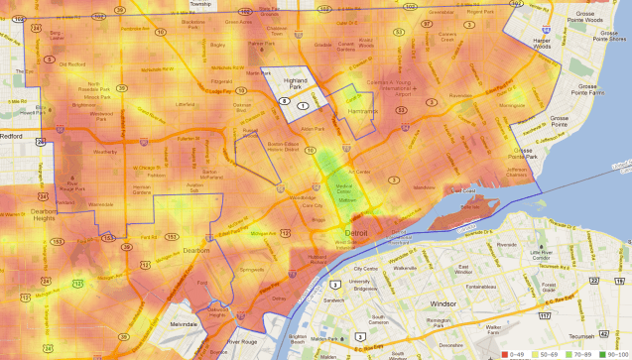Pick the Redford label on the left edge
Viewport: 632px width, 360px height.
[12, 136]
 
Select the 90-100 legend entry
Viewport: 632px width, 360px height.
[607, 353]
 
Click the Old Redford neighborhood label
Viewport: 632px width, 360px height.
[71, 63]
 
